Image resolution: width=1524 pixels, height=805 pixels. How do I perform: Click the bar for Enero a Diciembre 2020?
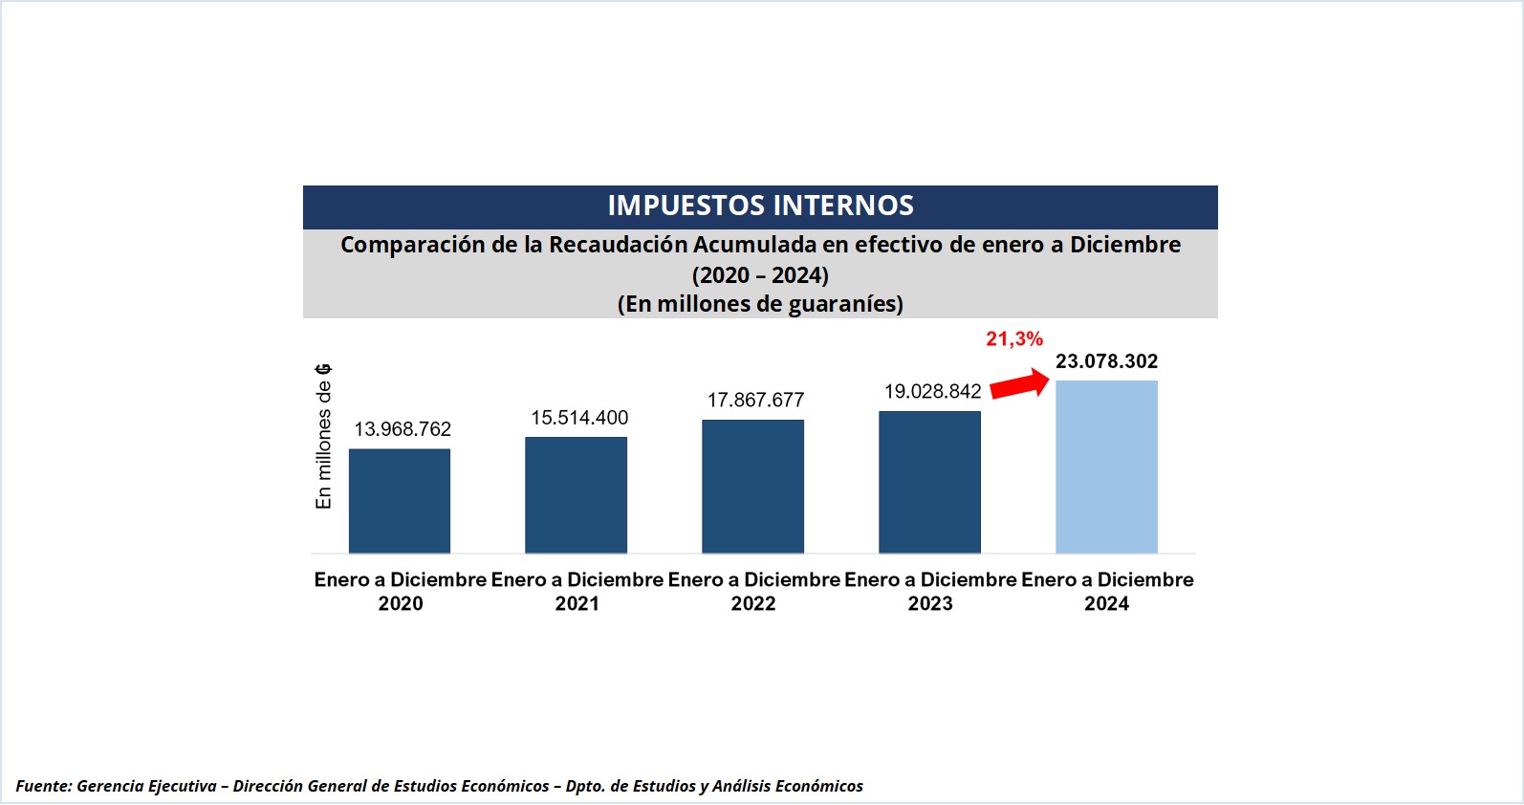(x=400, y=501)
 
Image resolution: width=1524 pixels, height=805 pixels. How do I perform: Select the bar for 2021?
(x=577, y=495)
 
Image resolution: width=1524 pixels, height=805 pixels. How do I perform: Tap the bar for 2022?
(x=753, y=487)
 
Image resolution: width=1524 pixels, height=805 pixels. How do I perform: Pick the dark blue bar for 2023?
(x=930, y=482)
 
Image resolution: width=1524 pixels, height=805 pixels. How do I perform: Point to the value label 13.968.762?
(x=403, y=429)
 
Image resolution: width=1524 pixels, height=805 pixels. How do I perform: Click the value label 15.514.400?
(x=579, y=418)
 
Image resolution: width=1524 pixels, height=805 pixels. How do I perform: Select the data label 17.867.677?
(x=755, y=400)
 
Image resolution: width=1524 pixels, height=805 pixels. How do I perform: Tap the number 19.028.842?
(x=932, y=391)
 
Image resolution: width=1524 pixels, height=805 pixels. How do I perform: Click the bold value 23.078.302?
(x=1106, y=361)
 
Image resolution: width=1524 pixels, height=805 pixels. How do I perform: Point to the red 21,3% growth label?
(x=1014, y=338)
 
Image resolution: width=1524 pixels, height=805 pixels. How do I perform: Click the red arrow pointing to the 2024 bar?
(x=1019, y=383)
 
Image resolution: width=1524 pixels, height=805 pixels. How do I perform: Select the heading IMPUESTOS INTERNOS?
(x=760, y=206)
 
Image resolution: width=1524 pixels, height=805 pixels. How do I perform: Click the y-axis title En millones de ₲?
(x=324, y=436)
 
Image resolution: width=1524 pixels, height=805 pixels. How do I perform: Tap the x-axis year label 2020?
(x=401, y=603)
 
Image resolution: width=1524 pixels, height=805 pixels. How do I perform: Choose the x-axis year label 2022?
(x=753, y=603)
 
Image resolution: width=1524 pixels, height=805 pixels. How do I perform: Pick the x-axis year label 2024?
(x=1106, y=603)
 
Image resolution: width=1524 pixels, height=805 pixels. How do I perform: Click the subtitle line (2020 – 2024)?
(x=760, y=275)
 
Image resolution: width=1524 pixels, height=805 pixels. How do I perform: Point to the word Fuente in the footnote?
(x=43, y=786)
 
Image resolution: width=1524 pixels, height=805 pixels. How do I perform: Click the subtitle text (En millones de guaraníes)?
(x=760, y=304)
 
